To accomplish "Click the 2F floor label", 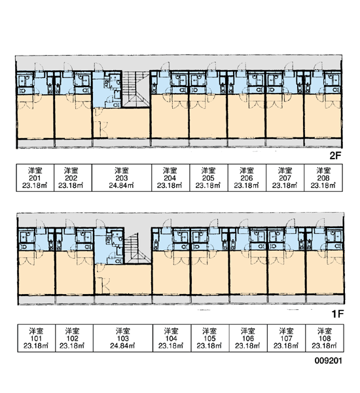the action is (335, 156).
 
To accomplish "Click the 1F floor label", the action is (338, 314).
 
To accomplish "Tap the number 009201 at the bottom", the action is (328, 361).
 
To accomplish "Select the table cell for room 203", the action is (122, 178).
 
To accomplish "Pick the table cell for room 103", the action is (123, 338).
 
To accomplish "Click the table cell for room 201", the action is (35, 178).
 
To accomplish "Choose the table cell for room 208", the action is (323, 178).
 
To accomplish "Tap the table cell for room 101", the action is (36, 338).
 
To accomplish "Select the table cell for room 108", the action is (325, 338).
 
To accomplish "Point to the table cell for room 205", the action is (209, 178).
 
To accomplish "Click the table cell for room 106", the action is (248, 338).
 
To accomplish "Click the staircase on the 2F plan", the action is (135, 89).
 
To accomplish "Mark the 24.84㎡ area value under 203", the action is (121, 185).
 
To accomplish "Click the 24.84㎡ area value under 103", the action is (122, 346).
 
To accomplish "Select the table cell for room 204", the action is (171, 178).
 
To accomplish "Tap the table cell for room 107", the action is (286, 338).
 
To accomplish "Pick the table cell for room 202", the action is (73, 178).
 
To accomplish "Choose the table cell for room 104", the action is (172, 338).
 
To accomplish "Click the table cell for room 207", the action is (285, 178).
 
